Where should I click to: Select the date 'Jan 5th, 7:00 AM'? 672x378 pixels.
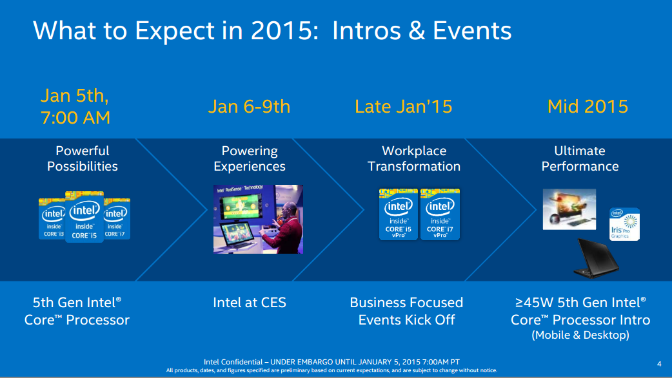pyautogui.click(x=75, y=106)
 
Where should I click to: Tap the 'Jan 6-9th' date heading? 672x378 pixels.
pyautogui.click(x=249, y=106)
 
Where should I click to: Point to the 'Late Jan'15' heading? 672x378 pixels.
pyautogui.click(x=403, y=106)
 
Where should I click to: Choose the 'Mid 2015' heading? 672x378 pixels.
pyautogui.click(x=587, y=106)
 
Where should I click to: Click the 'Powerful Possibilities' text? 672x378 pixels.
pyautogui.click(x=82, y=158)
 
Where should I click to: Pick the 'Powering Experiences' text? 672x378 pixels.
pyautogui.click(x=249, y=158)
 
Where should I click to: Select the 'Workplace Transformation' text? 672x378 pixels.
pyautogui.click(x=414, y=158)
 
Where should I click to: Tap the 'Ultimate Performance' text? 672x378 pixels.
pyautogui.click(x=580, y=158)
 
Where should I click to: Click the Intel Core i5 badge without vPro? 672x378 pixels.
pyautogui.click(x=84, y=218)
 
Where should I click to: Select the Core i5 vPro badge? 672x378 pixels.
pyautogui.click(x=398, y=214)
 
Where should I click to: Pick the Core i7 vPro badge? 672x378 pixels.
pyautogui.click(x=440, y=214)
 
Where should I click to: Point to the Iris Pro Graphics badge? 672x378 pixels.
pyautogui.click(x=624, y=224)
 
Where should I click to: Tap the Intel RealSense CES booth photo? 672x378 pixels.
pyautogui.click(x=258, y=219)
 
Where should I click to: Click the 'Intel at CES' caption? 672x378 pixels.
pyautogui.click(x=249, y=302)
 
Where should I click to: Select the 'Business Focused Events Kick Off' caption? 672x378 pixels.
pyautogui.click(x=406, y=311)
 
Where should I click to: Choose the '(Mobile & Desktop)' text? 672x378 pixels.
pyautogui.click(x=580, y=335)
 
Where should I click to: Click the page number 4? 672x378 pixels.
pyautogui.click(x=658, y=363)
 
